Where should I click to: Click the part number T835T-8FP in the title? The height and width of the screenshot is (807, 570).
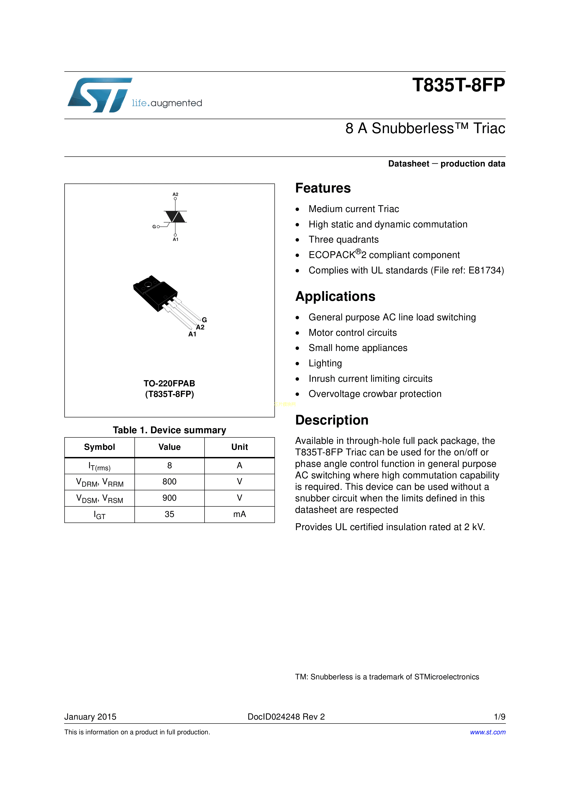click(x=458, y=85)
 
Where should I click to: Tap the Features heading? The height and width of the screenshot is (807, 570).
click(x=323, y=188)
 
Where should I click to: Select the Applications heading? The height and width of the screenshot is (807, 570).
click(x=335, y=296)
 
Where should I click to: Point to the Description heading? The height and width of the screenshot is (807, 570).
click(x=331, y=420)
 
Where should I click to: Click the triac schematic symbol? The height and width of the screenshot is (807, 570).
click(x=175, y=217)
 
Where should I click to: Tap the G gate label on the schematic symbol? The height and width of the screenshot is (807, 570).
click(x=154, y=227)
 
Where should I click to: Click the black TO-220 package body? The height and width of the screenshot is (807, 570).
click(x=154, y=292)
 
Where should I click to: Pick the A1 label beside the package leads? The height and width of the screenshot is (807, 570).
click(x=192, y=334)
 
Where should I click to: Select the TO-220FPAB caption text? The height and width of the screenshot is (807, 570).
click(x=169, y=383)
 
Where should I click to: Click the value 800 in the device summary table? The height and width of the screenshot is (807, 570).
click(x=169, y=482)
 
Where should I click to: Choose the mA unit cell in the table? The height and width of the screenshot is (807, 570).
click(x=239, y=514)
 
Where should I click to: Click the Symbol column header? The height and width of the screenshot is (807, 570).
click(x=99, y=447)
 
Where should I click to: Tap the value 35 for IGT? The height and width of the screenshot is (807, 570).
click(x=169, y=514)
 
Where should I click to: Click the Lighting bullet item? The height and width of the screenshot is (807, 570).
click(x=325, y=363)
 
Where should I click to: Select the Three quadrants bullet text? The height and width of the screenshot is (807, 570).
click(x=343, y=240)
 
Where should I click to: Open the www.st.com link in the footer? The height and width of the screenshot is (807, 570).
click(x=487, y=732)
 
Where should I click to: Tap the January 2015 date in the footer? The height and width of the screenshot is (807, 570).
click(x=90, y=717)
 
